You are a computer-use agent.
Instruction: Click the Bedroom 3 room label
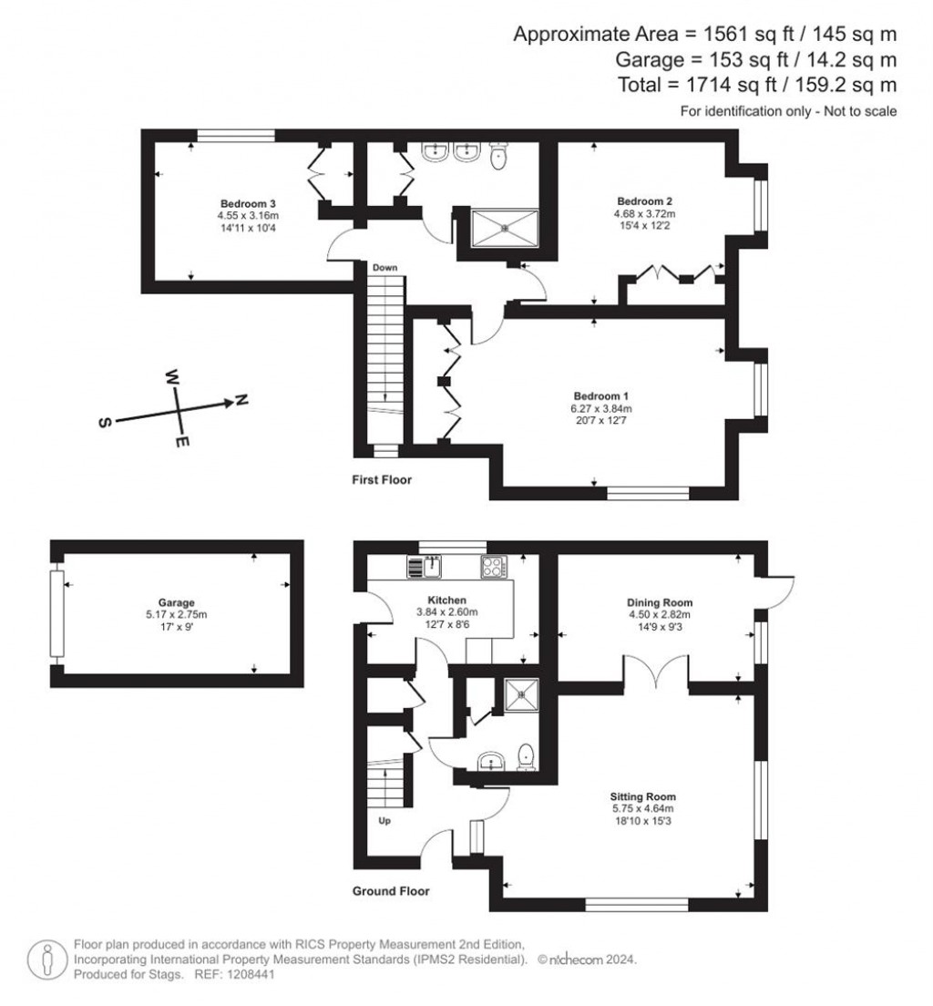[x=248, y=204]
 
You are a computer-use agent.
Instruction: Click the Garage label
[x=177, y=602]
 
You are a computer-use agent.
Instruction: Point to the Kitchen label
[x=446, y=600]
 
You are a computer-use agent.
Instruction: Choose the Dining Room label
[x=660, y=602]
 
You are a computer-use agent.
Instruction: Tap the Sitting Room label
[x=642, y=796]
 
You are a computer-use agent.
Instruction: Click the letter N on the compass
[x=240, y=400]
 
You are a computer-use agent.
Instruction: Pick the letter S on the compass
[x=105, y=422]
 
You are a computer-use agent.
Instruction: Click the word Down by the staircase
[x=385, y=268]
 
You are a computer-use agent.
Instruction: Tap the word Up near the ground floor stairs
[x=384, y=821]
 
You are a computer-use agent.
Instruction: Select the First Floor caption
[x=382, y=479]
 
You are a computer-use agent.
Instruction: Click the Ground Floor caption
[x=391, y=890]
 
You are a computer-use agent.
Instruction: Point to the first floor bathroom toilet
[x=498, y=156]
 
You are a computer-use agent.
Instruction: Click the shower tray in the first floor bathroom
[x=505, y=227]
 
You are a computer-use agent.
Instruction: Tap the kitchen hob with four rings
[x=494, y=567]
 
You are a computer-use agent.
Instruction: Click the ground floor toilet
[x=526, y=757]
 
